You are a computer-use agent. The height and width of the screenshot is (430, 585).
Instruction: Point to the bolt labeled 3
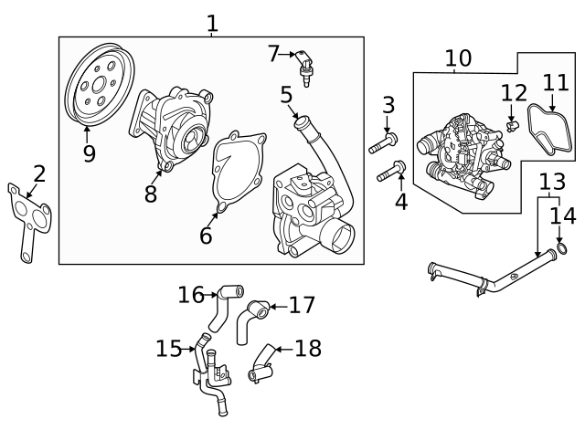(383, 143)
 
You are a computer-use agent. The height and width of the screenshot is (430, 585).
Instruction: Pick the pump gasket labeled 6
(239, 174)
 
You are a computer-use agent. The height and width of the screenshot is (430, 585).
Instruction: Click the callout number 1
(212, 22)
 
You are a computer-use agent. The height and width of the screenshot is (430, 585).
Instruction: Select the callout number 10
(458, 58)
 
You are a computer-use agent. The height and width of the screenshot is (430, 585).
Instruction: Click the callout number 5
(286, 94)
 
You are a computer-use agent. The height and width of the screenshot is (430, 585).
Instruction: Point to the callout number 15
(169, 349)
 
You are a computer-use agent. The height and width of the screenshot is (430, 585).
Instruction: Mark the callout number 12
(514, 92)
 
